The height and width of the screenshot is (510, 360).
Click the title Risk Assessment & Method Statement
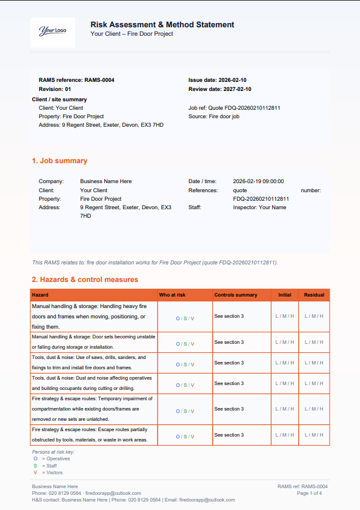162,25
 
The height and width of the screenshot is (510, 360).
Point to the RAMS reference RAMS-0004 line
76,80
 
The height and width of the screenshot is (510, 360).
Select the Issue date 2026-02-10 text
218,80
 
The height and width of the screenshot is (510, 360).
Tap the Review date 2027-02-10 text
220,89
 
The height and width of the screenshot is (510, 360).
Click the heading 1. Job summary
59,161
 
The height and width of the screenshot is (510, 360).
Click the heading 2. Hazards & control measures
85,280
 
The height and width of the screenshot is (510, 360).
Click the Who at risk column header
172,295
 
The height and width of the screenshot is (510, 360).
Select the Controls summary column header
236,295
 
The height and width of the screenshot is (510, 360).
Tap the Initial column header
284,295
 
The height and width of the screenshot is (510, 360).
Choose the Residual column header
314,295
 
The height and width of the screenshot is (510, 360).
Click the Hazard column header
40,295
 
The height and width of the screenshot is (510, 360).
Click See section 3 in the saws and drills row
229,363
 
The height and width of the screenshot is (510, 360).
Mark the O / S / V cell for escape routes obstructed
185,436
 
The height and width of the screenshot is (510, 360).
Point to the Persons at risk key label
53,452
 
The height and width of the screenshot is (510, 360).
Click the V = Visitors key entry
48,472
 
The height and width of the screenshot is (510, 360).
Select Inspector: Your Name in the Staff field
259,207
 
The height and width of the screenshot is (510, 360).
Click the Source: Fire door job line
214,116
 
